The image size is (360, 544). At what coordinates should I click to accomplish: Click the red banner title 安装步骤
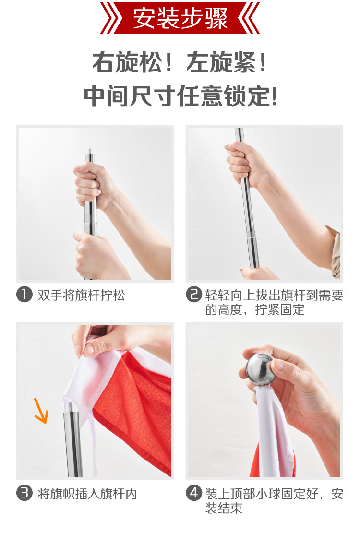pyautogui.click(x=180, y=18)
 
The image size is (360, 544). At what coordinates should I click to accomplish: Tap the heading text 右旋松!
pyautogui.click(x=132, y=62)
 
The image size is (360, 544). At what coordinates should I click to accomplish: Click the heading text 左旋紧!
pyautogui.click(x=227, y=62)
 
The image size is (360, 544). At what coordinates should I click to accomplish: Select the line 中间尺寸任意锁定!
pyautogui.click(x=180, y=96)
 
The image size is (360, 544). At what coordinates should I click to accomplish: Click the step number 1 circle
pyautogui.click(x=24, y=295)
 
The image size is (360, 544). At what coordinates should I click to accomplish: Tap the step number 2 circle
pyautogui.click(x=194, y=295)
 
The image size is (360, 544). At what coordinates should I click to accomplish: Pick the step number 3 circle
pyautogui.click(x=24, y=493)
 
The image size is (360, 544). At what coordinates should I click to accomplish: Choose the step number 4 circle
pyautogui.click(x=194, y=493)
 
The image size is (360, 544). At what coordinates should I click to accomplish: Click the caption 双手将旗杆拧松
pyautogui.click(x=81, y=295)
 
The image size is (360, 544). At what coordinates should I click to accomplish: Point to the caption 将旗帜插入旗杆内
pyautogui.click(x=87, y=493)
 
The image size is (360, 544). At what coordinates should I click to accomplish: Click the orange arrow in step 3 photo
pyautogui.click(x=41, y=411)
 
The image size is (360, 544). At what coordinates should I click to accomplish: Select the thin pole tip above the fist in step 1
pyautogui.click(x=90, y=155)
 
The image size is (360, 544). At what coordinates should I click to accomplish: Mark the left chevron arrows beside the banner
pyautogui.click(x=111, y=18)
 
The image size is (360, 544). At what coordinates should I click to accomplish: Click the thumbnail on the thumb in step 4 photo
pyautogui.click(x=278, y=365)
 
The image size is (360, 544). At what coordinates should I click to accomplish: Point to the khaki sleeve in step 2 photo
pyautogui.click(x=335, y=251)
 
